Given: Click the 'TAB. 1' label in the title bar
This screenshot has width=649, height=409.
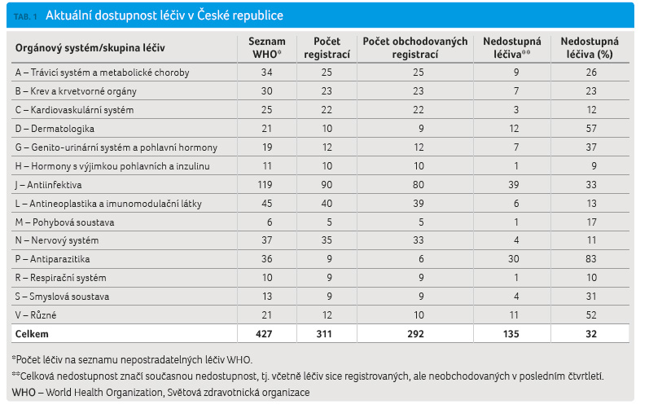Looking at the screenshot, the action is [25, 16].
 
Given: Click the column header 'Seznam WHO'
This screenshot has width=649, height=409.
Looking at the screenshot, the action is [266, 47].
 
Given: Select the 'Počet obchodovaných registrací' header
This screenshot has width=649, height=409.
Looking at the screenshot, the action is [415, 47].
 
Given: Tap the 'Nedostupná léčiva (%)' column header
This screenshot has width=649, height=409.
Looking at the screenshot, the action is [590, 47].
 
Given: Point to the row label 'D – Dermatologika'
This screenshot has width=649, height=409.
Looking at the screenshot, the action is [55, 129].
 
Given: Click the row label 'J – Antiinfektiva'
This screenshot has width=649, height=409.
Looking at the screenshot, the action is [48, 185].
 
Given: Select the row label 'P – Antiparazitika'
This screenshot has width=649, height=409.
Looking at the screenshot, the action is [53, 259].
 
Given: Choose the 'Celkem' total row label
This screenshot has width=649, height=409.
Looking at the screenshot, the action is [32, 334].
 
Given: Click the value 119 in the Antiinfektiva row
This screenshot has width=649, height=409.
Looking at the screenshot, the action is [265, 185].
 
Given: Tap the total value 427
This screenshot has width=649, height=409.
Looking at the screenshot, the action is [264, 334].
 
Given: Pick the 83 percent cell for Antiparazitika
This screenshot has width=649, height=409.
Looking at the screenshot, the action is [591, 259].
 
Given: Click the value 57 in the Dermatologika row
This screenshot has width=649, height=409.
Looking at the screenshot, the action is [591, 129].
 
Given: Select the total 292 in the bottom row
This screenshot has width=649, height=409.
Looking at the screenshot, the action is [415, 334].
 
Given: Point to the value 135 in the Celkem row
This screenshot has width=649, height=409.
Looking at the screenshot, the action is [511, 334].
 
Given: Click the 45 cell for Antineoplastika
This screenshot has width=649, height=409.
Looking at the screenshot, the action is [266, 204].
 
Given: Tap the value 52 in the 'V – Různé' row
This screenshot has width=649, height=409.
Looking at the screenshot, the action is [591, 315].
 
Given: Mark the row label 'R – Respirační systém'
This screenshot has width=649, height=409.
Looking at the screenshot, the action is [61, 278].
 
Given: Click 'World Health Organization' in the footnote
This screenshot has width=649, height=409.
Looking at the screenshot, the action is [104, 393].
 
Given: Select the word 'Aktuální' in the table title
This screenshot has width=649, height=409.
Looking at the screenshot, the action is [68, 15].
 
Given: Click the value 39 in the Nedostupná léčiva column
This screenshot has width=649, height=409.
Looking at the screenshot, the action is [514, 185].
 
